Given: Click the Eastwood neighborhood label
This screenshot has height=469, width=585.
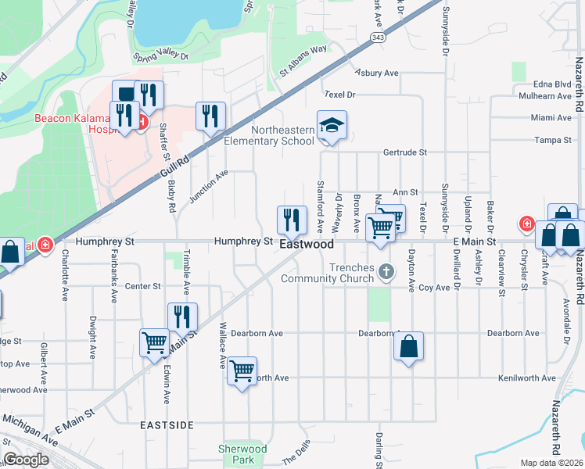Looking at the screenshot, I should point(307,245).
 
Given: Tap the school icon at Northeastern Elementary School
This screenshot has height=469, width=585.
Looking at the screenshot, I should point(332,126).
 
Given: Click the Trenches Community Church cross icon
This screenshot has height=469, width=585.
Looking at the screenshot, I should point(385,272).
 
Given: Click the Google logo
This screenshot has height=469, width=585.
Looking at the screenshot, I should point(26,460).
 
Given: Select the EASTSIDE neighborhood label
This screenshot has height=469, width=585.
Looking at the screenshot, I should point(167,425).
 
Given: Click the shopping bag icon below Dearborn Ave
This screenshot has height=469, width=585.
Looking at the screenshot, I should point(408,347).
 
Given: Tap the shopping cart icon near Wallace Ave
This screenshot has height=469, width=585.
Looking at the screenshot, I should point(242,371).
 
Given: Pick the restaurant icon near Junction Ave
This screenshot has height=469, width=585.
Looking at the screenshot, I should point(210,117).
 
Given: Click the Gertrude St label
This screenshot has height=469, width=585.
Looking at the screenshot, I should point(404,152).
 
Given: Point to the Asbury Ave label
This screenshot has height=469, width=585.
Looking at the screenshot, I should point(377,73).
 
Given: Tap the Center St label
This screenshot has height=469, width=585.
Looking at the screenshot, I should point(142,287).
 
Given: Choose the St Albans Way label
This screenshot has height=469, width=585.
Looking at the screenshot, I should point(303,59).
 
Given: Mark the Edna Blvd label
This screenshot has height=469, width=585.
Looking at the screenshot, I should point(551,84).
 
